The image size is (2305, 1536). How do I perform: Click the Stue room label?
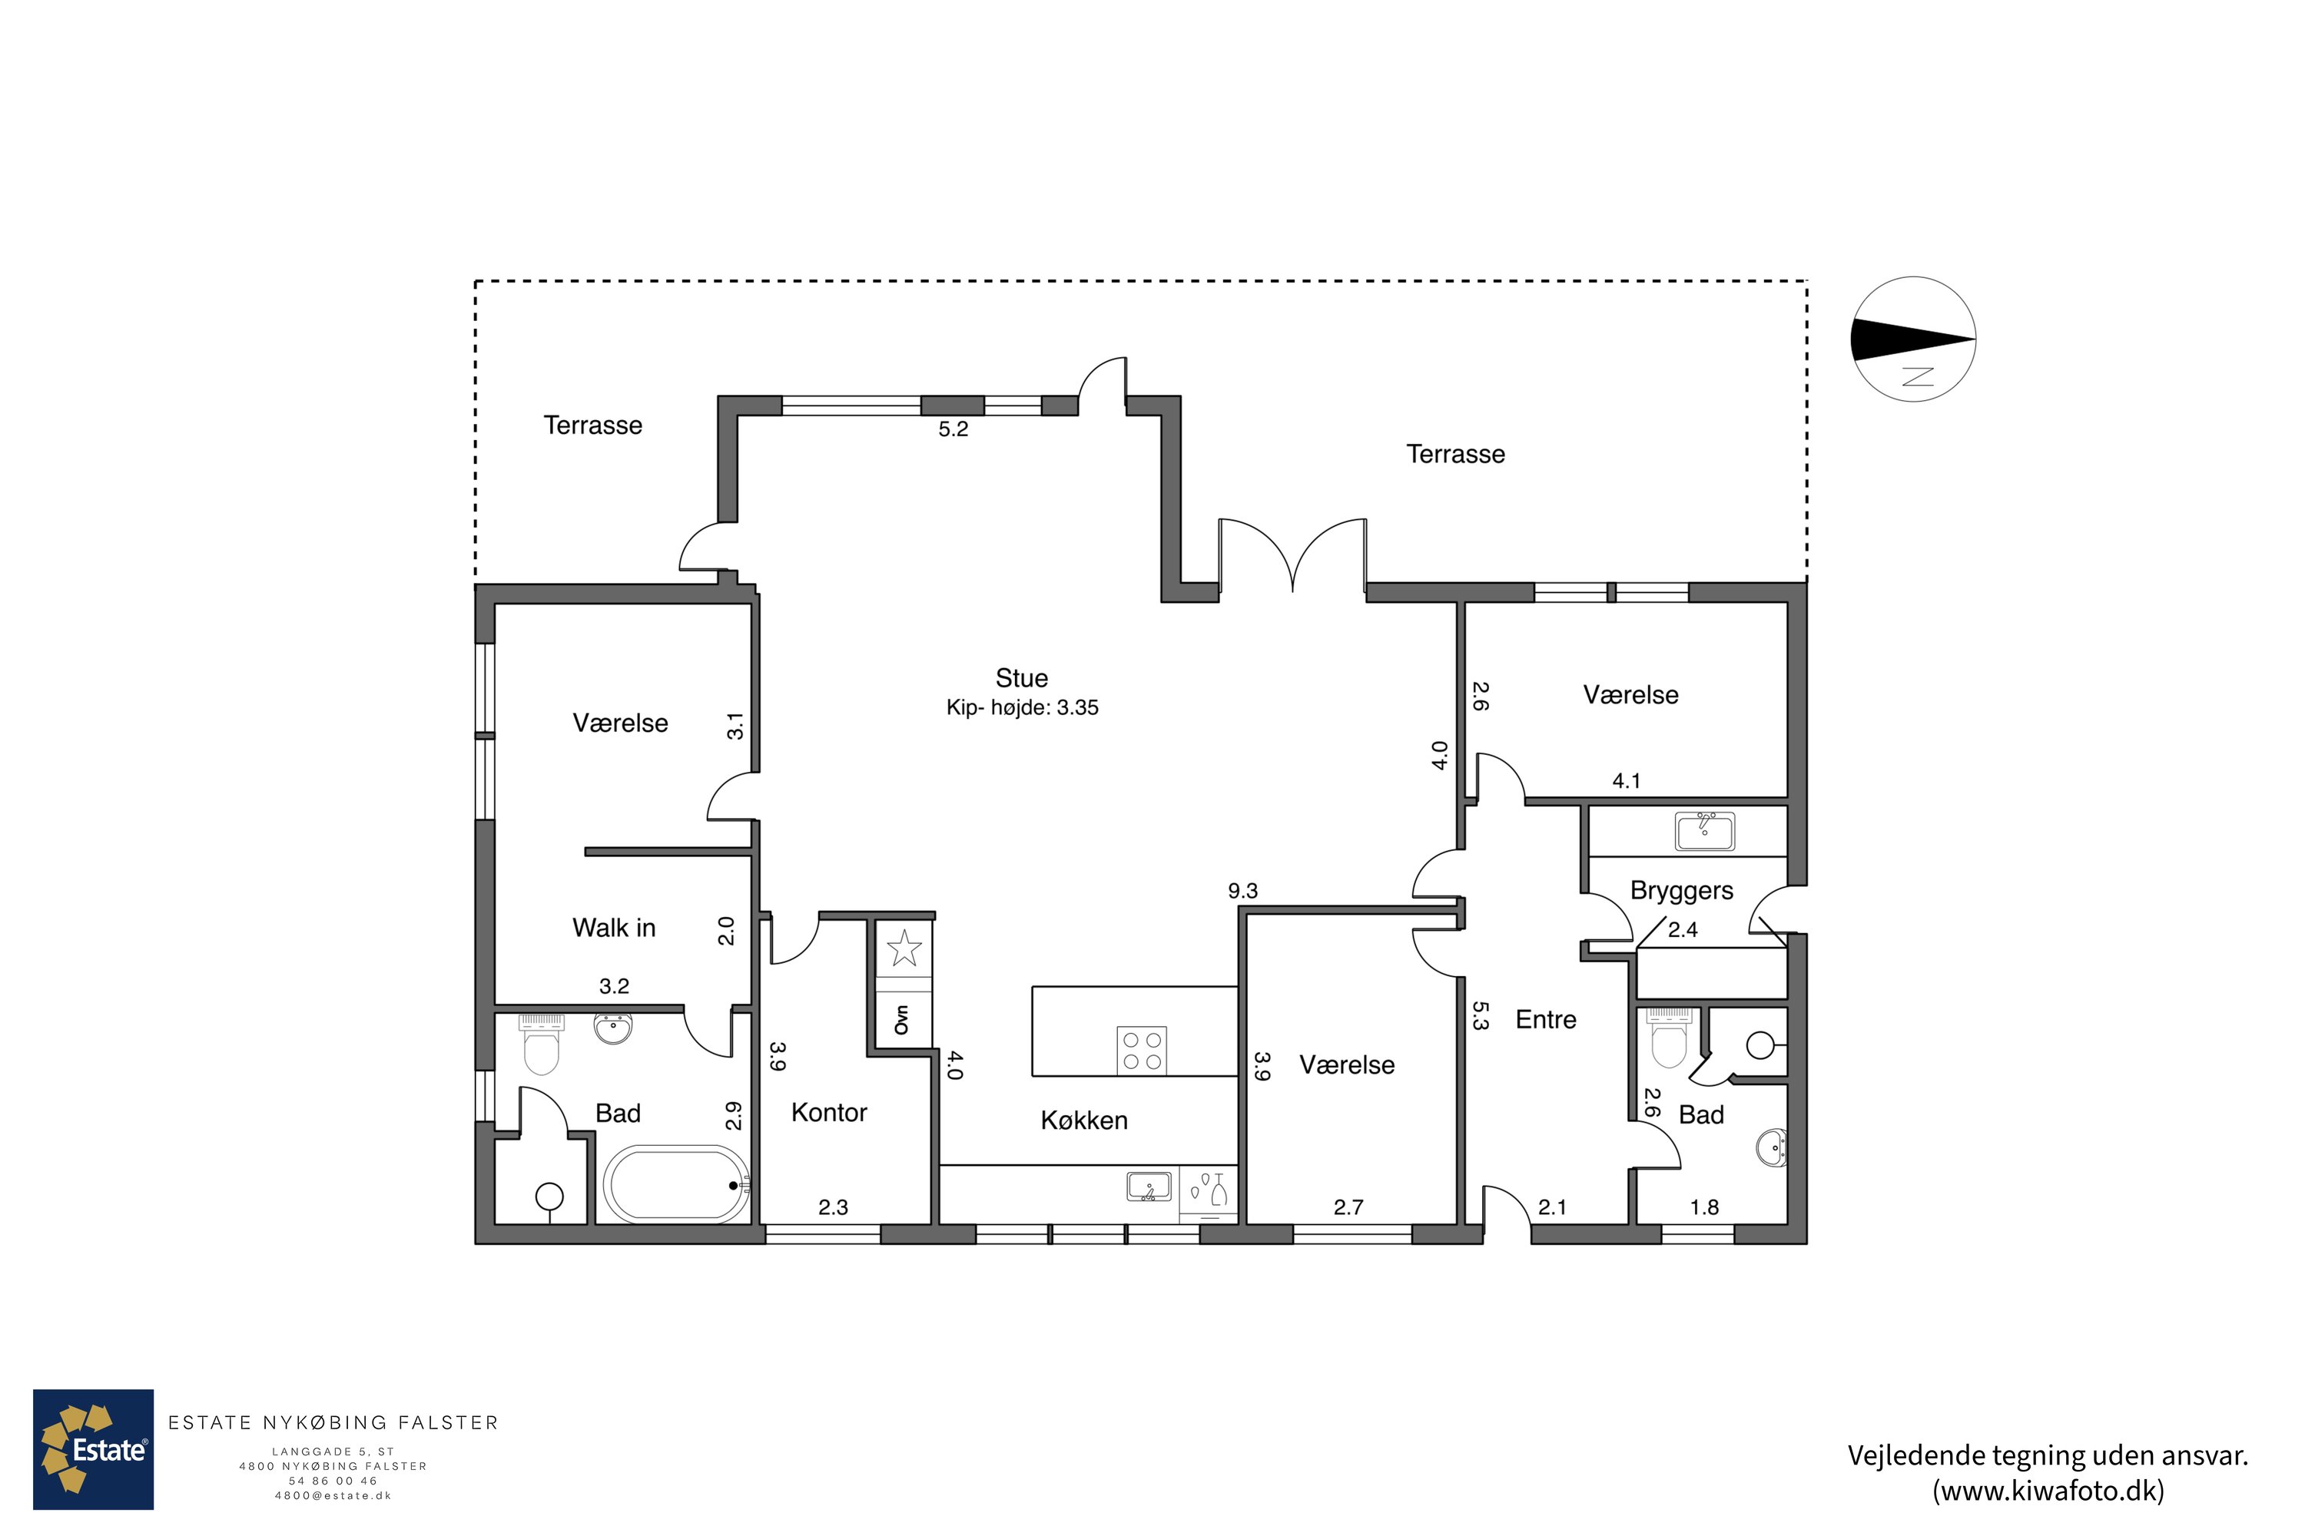coord(1021,678)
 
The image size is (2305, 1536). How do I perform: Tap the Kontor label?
coord(829,1112)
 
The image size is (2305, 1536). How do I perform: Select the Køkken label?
coord(1084,1120)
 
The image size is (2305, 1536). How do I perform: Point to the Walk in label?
coord(613,928)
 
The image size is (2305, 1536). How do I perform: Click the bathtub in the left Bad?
coord(675,1184)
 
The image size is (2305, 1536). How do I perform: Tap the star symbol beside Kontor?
coord(904,948)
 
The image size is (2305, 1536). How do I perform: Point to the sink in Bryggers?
coord(1704,831)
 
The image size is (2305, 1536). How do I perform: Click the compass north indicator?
coord(1913,339)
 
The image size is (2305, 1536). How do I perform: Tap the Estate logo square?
coord(93,1448)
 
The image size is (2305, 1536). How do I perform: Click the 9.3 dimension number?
coord(1242,890)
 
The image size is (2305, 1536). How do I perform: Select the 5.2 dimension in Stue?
coord(953,429)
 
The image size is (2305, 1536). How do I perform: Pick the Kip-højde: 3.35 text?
coord(1022,707)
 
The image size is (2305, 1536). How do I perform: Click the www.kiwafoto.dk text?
coord(2048,1491)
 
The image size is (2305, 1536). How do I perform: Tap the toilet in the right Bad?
coord(1668,1038)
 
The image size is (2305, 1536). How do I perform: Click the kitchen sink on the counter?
coord(1149,1187)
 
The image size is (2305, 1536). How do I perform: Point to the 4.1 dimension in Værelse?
coord(1626,781)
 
